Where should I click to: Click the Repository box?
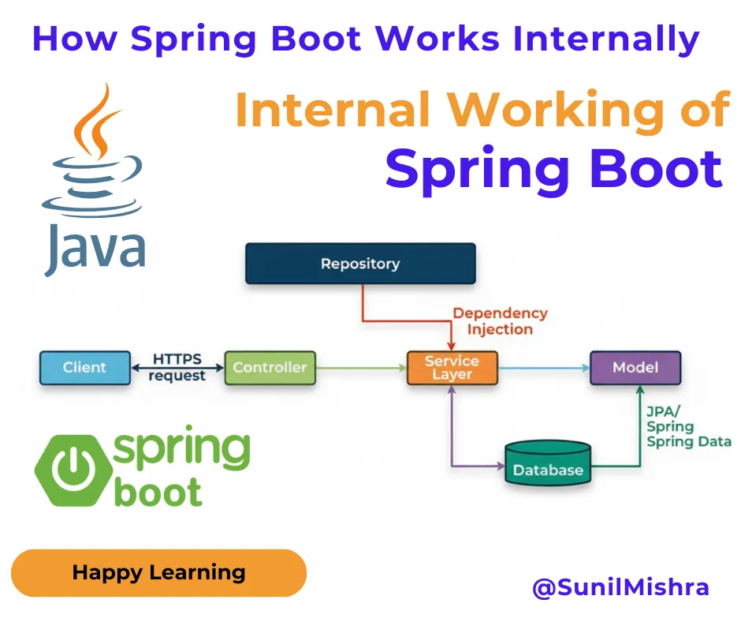pos(360,264)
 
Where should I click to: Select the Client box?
pos(85,367)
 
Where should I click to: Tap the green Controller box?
pos(270,367)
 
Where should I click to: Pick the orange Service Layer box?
pos(452,367)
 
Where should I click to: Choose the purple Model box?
pos(635,367)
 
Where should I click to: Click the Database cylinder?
pos(548,466)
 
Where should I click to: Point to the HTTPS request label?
pos(177,367)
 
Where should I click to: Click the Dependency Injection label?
pos(500,321)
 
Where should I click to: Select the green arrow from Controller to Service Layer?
pos(360,367)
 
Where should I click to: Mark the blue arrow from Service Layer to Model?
pos(544,367)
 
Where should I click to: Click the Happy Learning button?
pos(158,573)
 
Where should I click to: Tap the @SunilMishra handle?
pos(621,587)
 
